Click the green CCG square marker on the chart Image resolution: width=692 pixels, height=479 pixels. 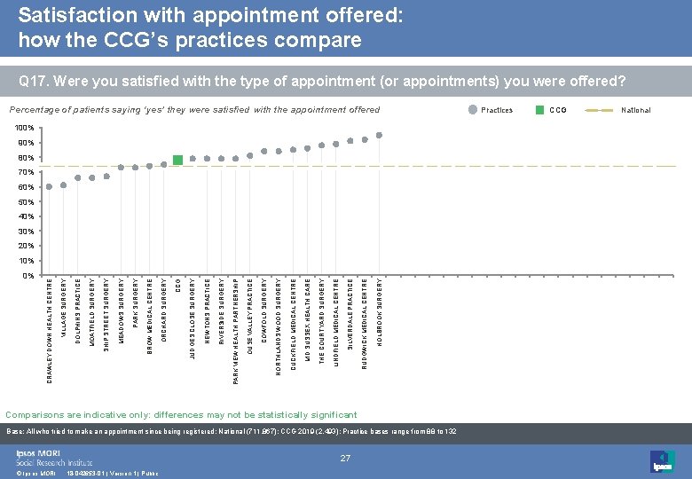pos(177,160)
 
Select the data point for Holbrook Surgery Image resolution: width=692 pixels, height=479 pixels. pos(379,135)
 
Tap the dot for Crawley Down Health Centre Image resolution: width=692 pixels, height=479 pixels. pos(49,186)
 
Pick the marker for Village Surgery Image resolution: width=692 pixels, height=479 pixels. pos(63,185)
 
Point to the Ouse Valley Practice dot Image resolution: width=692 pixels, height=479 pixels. pos(249,156)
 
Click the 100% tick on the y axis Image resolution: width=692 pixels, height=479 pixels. pos(26,128)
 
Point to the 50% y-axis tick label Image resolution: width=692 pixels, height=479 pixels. pos(26,201)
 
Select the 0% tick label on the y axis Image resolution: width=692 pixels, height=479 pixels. pos(28,275)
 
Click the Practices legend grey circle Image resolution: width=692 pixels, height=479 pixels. pos(470,110)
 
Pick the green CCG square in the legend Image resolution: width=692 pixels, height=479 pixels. pos(539,110)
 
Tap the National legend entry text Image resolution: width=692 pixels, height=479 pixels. pos(635,110)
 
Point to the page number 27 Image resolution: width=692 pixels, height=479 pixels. pos(347,458)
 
